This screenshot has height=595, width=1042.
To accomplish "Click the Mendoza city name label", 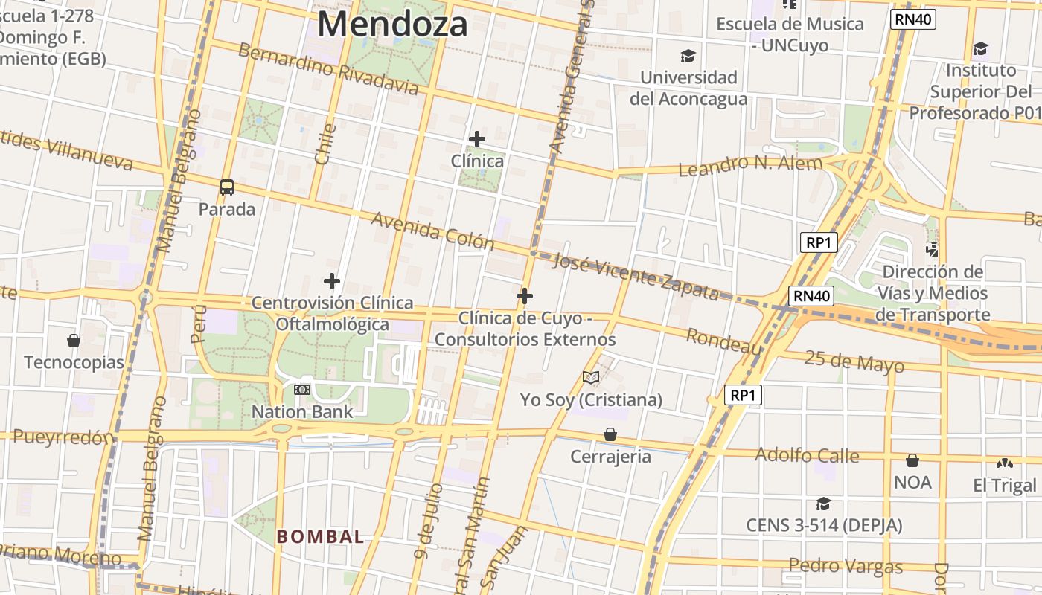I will point(392,24).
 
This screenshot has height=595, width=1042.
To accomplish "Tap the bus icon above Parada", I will point(227,187).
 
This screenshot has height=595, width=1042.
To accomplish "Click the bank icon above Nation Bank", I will point(302,389).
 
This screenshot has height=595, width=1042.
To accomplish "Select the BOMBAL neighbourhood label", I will point(320,536).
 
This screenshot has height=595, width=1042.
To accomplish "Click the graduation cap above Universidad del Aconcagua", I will point(688,56).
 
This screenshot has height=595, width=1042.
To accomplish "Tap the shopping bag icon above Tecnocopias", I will point(74,341).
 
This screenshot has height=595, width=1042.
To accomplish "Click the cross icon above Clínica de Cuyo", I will point(525,296).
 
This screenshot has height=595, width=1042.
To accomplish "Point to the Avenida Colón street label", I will point(432,231).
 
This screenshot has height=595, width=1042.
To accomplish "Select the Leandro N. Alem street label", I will point(750,166).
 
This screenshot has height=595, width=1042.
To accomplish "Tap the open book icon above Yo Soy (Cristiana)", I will point(591,378).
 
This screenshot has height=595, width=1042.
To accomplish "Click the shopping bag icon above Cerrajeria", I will point(610,434).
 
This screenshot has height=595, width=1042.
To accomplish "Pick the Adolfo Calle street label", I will point(807,454).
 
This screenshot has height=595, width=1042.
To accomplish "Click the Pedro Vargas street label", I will point(846,566).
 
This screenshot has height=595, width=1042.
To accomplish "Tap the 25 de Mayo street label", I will point(854,361).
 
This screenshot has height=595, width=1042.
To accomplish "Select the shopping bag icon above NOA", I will point(912,460).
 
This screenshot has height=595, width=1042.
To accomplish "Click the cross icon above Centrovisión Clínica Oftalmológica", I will point(332,281).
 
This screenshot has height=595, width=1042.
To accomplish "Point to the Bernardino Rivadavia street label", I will point(328,69).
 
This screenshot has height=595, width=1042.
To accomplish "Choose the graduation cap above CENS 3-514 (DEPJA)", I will point(823,504).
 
